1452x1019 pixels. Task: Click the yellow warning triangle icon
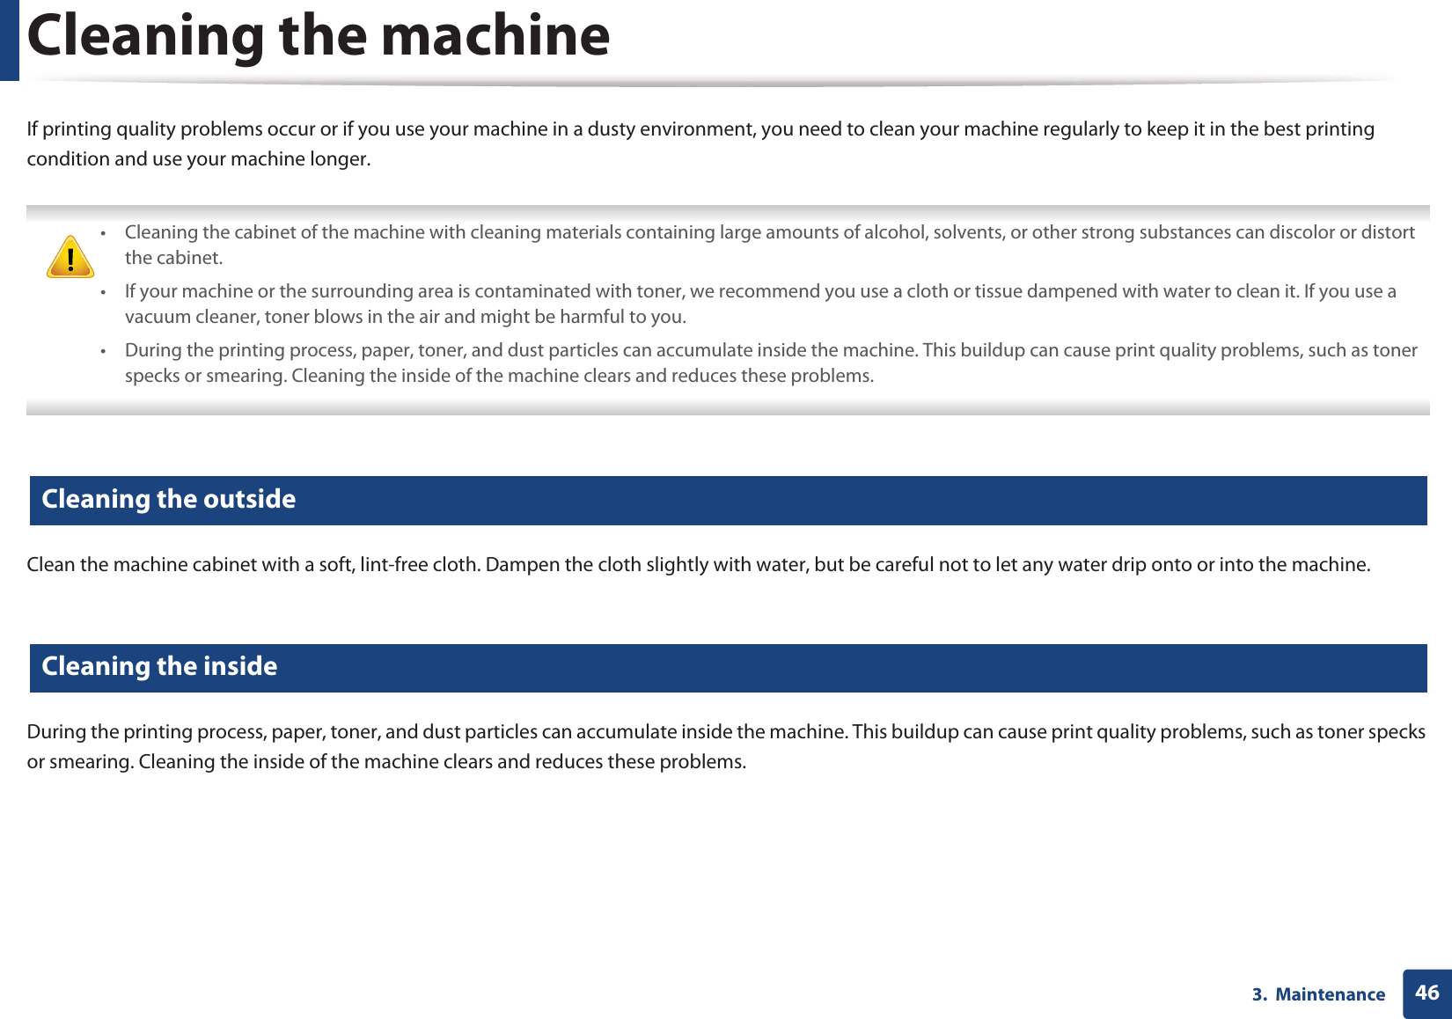pos(70,257)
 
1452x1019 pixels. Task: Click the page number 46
pos(1426,993)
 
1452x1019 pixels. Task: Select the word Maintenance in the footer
pos(1330,994)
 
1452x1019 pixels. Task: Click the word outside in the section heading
pos(250,499)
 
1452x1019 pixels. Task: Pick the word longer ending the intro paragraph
pos(340,159)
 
